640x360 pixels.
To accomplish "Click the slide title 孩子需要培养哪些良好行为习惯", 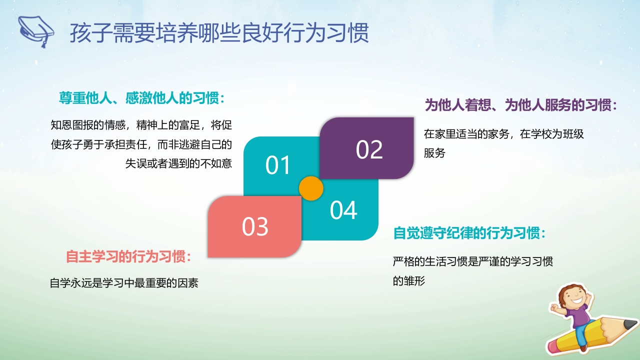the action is (x=219, y=33).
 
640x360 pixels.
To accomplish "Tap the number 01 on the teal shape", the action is (x=277, y=165).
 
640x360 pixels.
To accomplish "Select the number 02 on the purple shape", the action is (x=369, y=149).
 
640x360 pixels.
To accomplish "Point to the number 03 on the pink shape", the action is (x=255, y=226).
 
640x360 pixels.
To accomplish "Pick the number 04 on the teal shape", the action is (x=343, y=210).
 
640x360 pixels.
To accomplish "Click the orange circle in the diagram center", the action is (x=311, y=188).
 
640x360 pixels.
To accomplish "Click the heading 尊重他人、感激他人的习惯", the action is (x=141, y=98).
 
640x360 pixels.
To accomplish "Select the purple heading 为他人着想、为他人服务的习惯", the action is (x=520, y=105).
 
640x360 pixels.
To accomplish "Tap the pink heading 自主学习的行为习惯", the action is (x=128, y=256).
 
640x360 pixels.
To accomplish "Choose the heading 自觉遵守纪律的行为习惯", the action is (x=469, y=233).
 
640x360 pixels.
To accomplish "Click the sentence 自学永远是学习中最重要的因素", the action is (x=124, y=283).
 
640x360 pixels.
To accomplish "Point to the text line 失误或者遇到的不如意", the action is (x=178, y=163).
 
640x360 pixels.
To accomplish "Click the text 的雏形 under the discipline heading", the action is (x=409, y=281).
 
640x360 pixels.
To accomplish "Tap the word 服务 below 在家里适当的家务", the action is (x=434, y=153).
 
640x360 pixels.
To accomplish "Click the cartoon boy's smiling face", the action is (x=573, y=297).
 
